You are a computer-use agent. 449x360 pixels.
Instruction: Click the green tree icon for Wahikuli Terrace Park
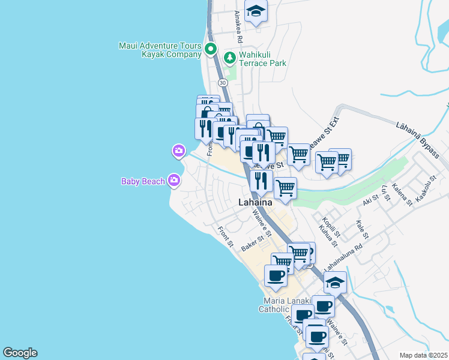(x=229, y=58)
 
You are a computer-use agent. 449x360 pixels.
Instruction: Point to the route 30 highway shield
(x=223, y=82)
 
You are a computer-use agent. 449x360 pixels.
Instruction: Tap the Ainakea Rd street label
(x=238, y=26)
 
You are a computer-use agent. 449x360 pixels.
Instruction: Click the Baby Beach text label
(x=143, y=181)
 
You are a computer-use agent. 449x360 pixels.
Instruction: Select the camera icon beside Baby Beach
(x=174, y=179)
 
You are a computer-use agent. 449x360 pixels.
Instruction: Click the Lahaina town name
(x=255, y=202)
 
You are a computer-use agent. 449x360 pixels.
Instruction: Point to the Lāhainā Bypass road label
(x=418, y=139)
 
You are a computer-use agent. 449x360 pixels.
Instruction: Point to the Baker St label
(x=253, y=244)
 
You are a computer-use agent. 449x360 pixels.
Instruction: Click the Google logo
(x=20, y=353)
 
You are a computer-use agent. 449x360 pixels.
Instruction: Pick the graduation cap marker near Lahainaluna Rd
(x=336, y=282)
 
